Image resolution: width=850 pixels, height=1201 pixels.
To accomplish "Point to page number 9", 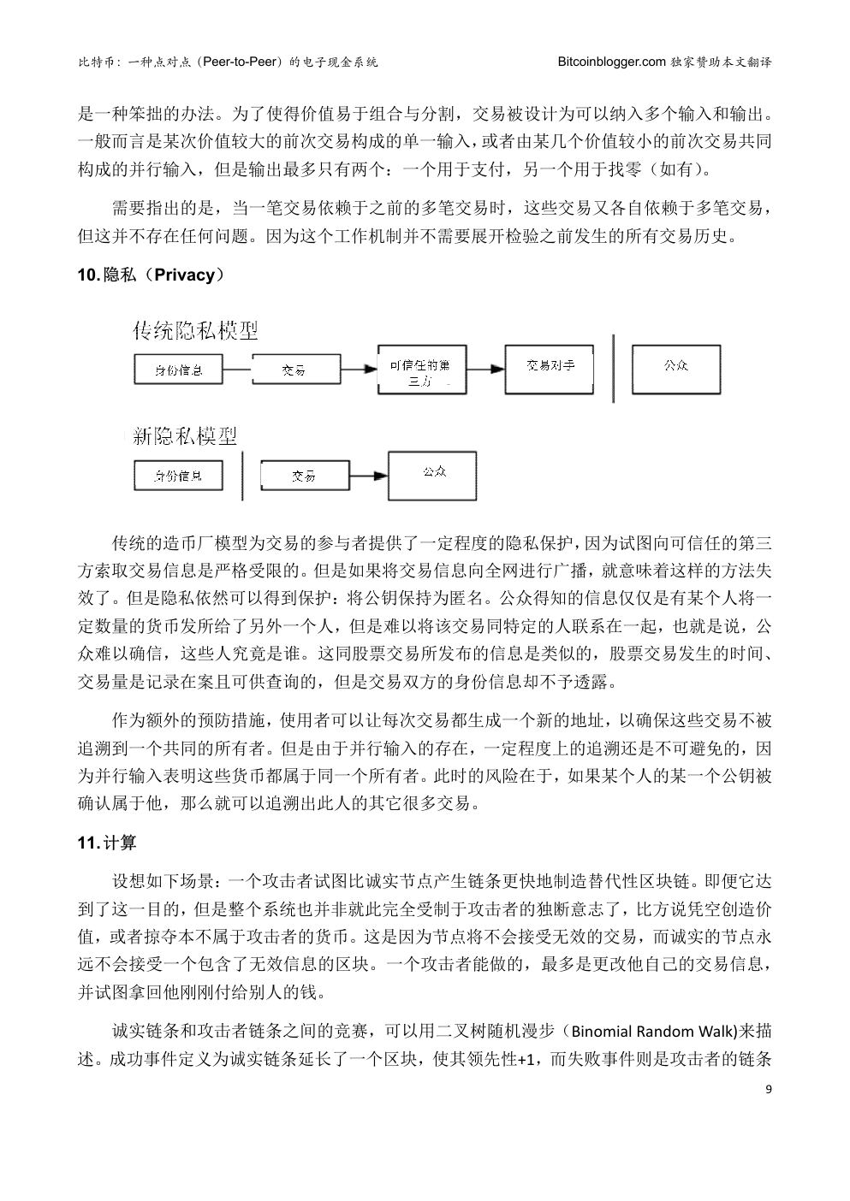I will pos(768,1089).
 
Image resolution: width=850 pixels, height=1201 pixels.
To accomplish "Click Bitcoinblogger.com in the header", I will pos(611,62).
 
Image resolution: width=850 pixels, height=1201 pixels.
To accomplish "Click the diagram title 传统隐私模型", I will pos(195,329).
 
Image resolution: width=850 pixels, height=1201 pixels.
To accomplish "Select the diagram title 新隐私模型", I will pos(185,435).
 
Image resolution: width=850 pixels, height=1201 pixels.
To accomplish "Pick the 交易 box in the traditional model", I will pos(294,370).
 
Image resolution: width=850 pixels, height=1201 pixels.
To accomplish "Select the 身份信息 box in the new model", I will pos(178,476).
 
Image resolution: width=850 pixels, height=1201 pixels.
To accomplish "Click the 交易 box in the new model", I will pos(303,476).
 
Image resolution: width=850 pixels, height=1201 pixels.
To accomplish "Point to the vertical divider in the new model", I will pos(242,475).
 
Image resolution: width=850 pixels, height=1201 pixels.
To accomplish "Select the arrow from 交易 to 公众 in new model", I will pos(369,476).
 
